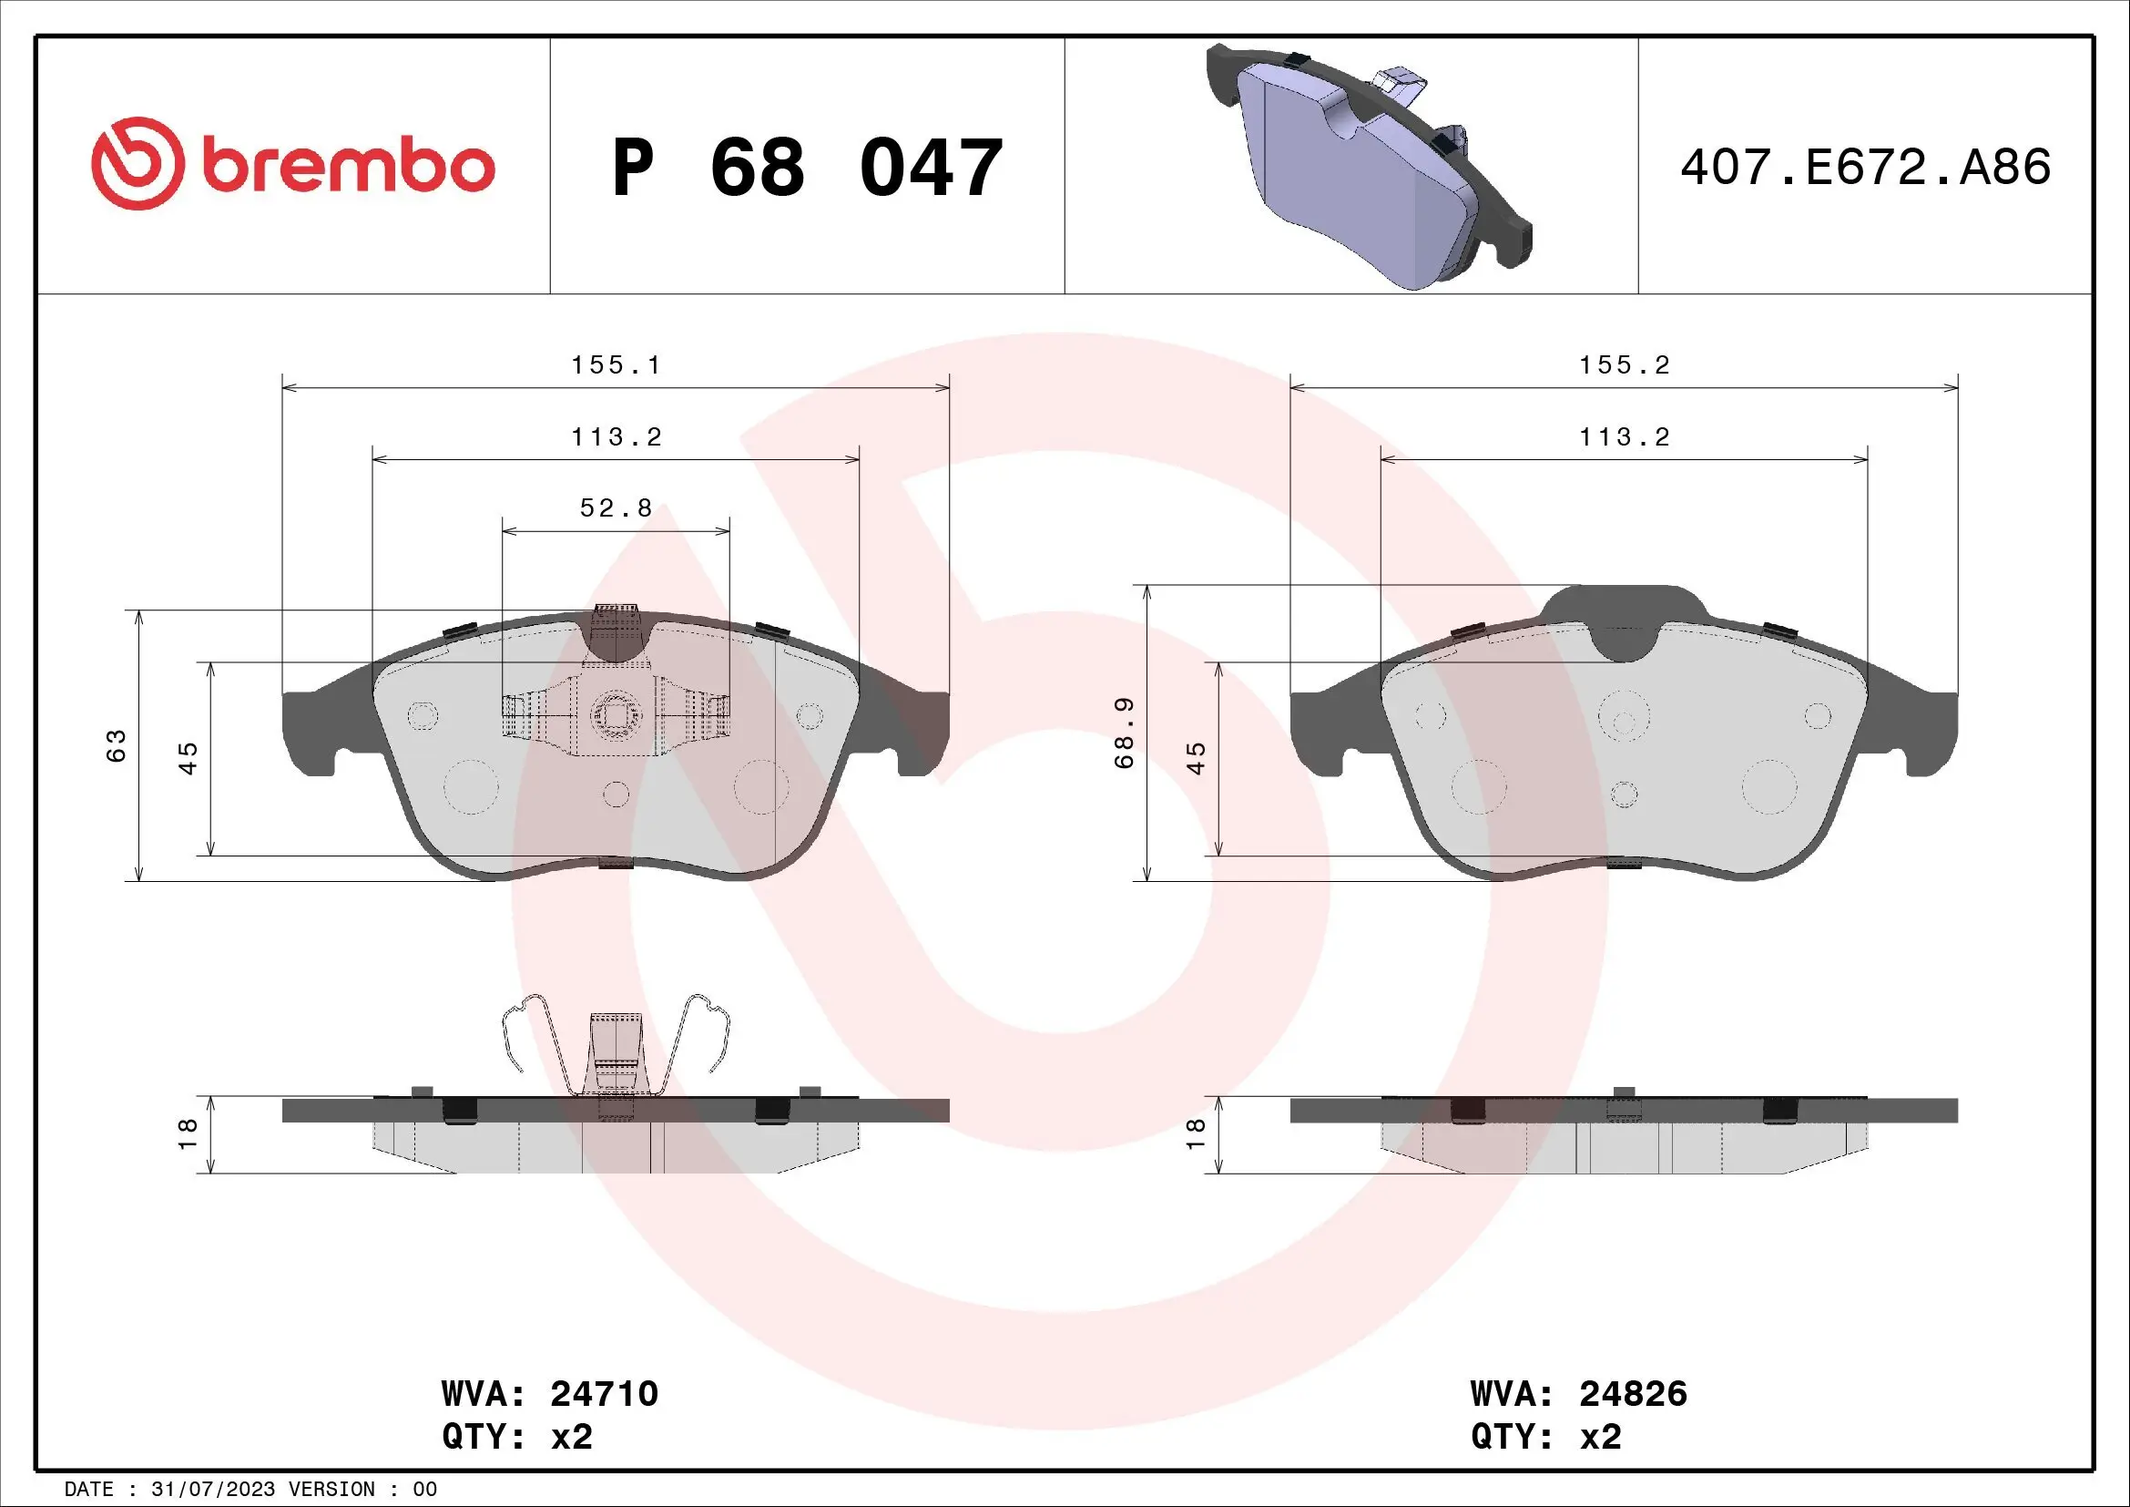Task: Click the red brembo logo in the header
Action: coord(293,164)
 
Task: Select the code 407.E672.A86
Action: coord(1865,167)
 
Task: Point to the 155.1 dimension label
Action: coord(616,365)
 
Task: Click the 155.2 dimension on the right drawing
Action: coord(1625,365)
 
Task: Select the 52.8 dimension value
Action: coord(616,508)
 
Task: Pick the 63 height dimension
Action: coord(116,746)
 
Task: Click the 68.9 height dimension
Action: coord(1125,733)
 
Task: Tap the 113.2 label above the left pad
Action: coord(616,437)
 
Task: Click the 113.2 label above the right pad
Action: coord(1625,437)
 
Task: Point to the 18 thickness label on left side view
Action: coord(189,1134)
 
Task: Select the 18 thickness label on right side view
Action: coord(1197,1134)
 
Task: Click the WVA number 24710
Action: coord(604,1393)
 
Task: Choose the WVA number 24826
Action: coord(1633,1393)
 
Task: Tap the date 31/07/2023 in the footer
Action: coord(212,1490)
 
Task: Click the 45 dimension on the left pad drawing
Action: coord(189,758)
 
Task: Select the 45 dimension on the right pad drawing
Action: coord(1197,758)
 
